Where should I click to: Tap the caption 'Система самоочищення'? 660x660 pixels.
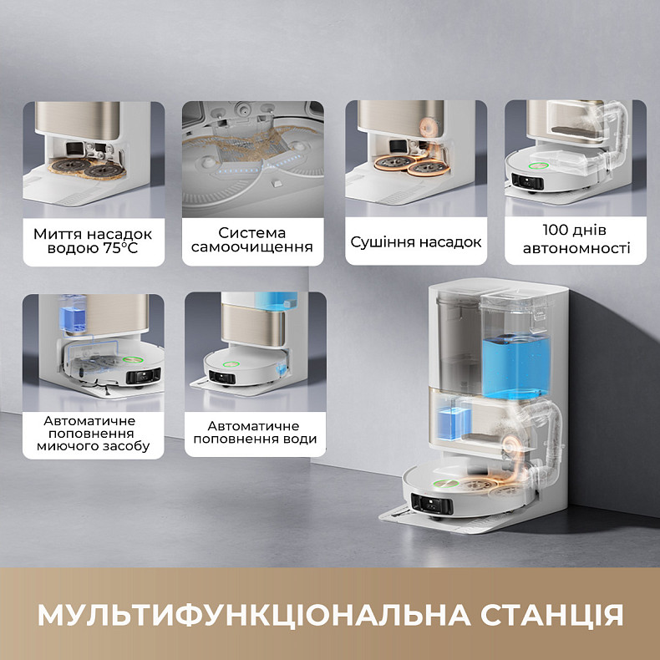click(x=252, y=239)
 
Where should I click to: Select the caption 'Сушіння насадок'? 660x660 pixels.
click(x=416, y=242)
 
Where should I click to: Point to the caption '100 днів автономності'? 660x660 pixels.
click(x=576, y=239)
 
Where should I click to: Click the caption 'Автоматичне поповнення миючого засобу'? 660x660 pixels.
click(x=93, y=433)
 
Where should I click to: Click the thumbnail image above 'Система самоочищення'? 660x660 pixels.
click(x=252, y=159)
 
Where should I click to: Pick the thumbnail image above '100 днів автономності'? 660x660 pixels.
click(x=576, y=159)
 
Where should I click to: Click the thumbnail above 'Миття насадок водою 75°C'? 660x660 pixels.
click(x=93, y=159)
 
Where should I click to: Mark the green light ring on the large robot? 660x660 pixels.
click(x=441, y=482)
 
